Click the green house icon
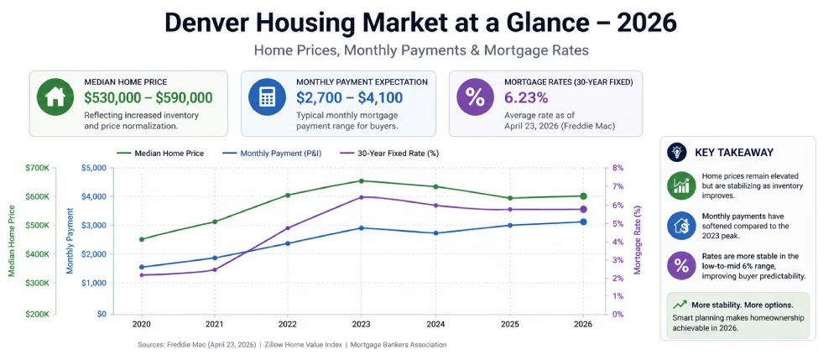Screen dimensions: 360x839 click(x=55, y=98)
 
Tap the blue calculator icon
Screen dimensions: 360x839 click(x=266, y=98)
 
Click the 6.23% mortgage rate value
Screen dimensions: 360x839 click(x=527, y=97)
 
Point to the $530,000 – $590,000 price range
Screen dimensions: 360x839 click(x=148, y=97)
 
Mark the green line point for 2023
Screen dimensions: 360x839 click(x=361, y=180)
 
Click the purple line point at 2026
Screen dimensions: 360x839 click(x=583, y=209)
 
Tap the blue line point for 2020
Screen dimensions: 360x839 click(x=141, y=267)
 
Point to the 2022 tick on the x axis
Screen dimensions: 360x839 click(x=288, y=325)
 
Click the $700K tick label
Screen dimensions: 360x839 click(x=38, y=168)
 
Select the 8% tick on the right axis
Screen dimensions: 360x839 click(x=618, y=168)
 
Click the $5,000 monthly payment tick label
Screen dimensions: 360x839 click(x=93, y=168)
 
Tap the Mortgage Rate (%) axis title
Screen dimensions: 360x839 click(x=638, y=241)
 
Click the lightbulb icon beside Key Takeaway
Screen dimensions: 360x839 click(x=676, y=152)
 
